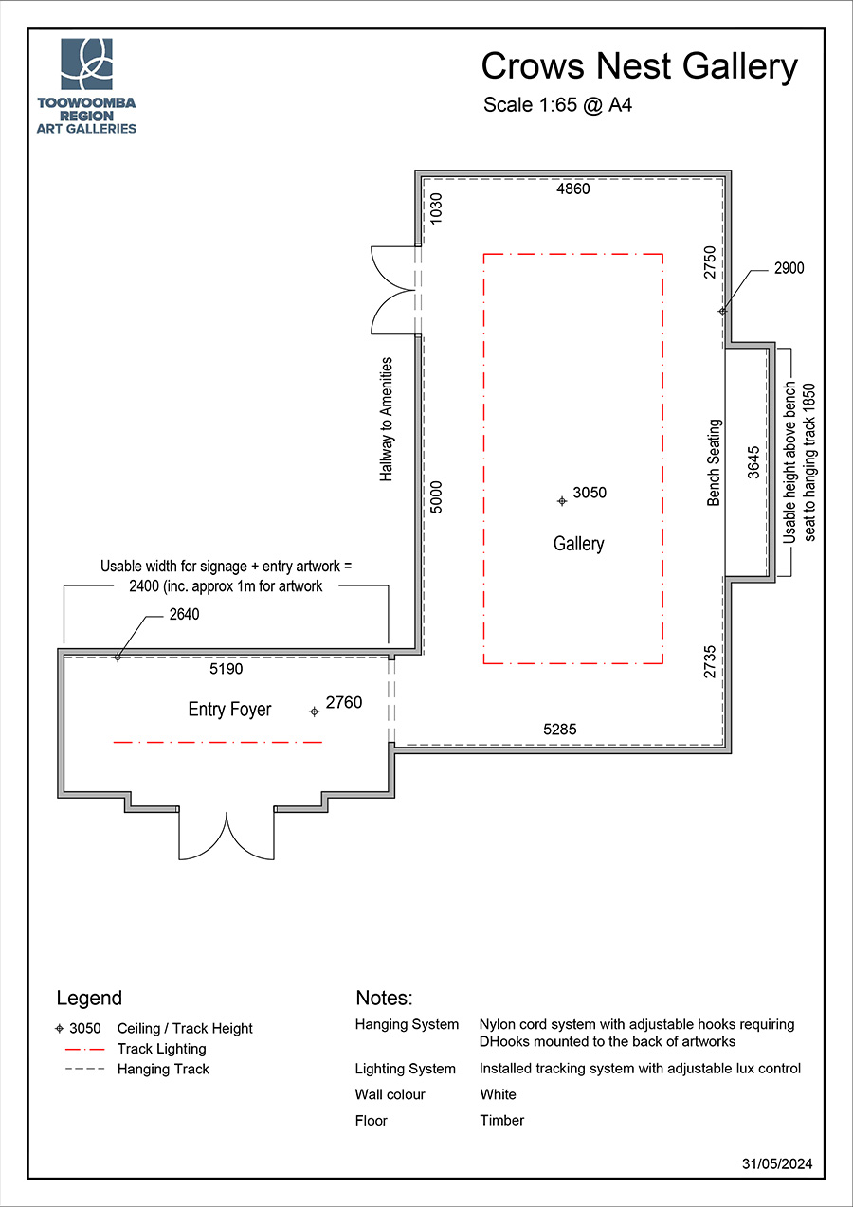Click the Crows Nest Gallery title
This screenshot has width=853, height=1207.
coord(639,67)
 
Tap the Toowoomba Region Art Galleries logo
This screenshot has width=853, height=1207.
coord(86,86)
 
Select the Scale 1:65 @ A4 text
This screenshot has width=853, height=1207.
coord(557,105)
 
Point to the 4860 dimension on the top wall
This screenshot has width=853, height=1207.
coord(572,189)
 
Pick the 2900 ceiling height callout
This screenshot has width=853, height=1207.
coord(788,269)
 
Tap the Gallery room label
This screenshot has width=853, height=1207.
coord(578,544)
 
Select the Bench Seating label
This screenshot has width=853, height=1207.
coord(715,462)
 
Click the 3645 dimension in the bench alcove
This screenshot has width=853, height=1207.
coord(753,462)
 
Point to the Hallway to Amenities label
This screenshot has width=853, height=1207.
coord(386,419)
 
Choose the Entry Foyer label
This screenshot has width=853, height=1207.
coord(229,710)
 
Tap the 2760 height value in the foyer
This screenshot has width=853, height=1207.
coord(343,703)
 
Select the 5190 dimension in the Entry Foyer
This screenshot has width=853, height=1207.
coord(227,669)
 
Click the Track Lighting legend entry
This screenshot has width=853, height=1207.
coord(161,1049)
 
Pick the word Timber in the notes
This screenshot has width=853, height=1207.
coord(501,1120)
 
